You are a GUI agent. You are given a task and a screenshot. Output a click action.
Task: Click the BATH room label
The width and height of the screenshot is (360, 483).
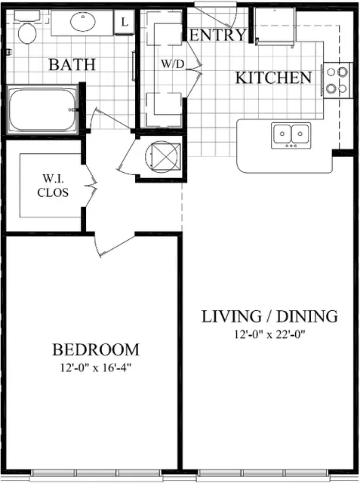tap(72, 65)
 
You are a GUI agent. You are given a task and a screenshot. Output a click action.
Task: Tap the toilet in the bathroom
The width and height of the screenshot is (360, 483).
tap(27, 28)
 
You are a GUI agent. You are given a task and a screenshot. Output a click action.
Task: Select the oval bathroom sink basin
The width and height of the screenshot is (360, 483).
tap(82, 22)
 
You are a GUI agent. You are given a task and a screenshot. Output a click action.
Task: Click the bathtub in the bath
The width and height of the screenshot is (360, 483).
tap(43, 109)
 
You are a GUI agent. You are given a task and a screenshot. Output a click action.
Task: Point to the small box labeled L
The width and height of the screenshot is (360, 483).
tap(125, 22)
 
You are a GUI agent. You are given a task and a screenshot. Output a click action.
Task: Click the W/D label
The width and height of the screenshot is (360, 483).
tap(173, 64)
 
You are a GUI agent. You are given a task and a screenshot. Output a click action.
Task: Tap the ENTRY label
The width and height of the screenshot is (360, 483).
tap(217, 35)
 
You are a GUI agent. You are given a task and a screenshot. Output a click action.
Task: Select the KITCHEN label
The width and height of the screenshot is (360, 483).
tap(273, 78)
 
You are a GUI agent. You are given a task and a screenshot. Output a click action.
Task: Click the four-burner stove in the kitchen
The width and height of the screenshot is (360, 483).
tap(337, 81)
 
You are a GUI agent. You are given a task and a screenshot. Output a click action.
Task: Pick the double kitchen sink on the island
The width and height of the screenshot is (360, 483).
tap(291, 135)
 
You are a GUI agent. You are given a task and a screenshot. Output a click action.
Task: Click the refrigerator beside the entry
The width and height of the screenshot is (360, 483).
tap(275, 27)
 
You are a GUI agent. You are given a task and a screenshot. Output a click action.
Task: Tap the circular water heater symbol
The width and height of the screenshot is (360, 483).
tap(163, 156)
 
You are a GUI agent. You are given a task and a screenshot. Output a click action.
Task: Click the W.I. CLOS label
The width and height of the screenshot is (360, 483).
tap(53, 186)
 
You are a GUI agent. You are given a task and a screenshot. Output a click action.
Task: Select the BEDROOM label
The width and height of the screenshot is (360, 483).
tap(96, 350)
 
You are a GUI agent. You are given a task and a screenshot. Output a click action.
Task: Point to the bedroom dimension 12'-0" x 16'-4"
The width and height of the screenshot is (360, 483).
tap(96, 368)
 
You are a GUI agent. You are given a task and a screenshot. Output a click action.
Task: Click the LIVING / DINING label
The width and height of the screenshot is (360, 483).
tap(269, 316)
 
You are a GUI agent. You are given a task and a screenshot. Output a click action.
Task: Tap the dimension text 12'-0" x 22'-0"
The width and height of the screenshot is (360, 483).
tap(269, 335)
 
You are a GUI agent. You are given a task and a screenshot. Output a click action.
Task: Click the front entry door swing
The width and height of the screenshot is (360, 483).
tap(216, 16)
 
